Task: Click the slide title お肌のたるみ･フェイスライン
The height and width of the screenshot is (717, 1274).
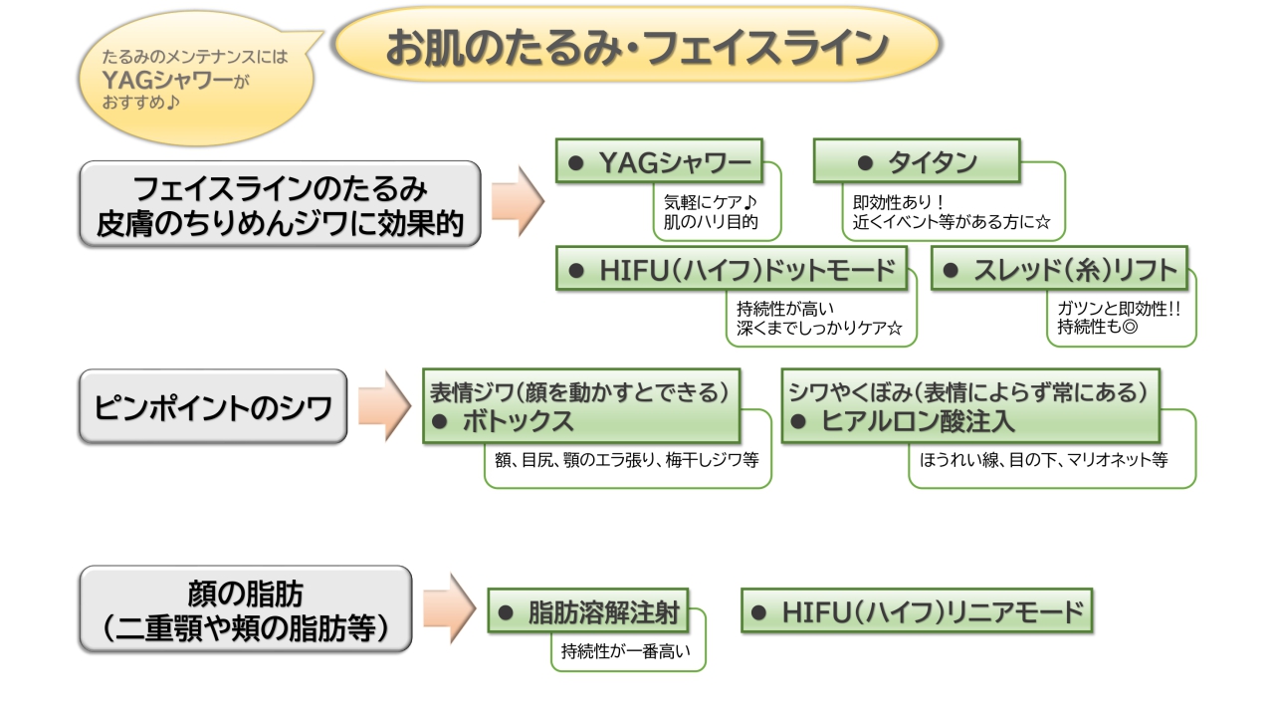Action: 637,47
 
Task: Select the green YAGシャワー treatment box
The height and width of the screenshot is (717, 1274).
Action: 658,161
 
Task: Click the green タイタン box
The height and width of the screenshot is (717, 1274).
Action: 917,161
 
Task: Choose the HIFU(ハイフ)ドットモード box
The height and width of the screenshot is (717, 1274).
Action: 732,269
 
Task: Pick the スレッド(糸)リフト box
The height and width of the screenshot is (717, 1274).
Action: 1059,269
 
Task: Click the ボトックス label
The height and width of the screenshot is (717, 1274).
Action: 518,420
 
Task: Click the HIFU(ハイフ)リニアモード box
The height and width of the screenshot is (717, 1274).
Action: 917,610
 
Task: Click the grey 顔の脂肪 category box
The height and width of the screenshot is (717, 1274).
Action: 245,609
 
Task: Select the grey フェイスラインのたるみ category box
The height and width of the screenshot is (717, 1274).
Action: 280,204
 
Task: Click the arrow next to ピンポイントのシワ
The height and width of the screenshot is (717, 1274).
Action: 383,406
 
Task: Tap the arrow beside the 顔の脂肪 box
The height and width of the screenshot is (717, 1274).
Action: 449,608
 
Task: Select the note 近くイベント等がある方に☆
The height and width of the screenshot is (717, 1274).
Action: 952,222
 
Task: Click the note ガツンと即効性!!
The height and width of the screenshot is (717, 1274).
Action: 1119,308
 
